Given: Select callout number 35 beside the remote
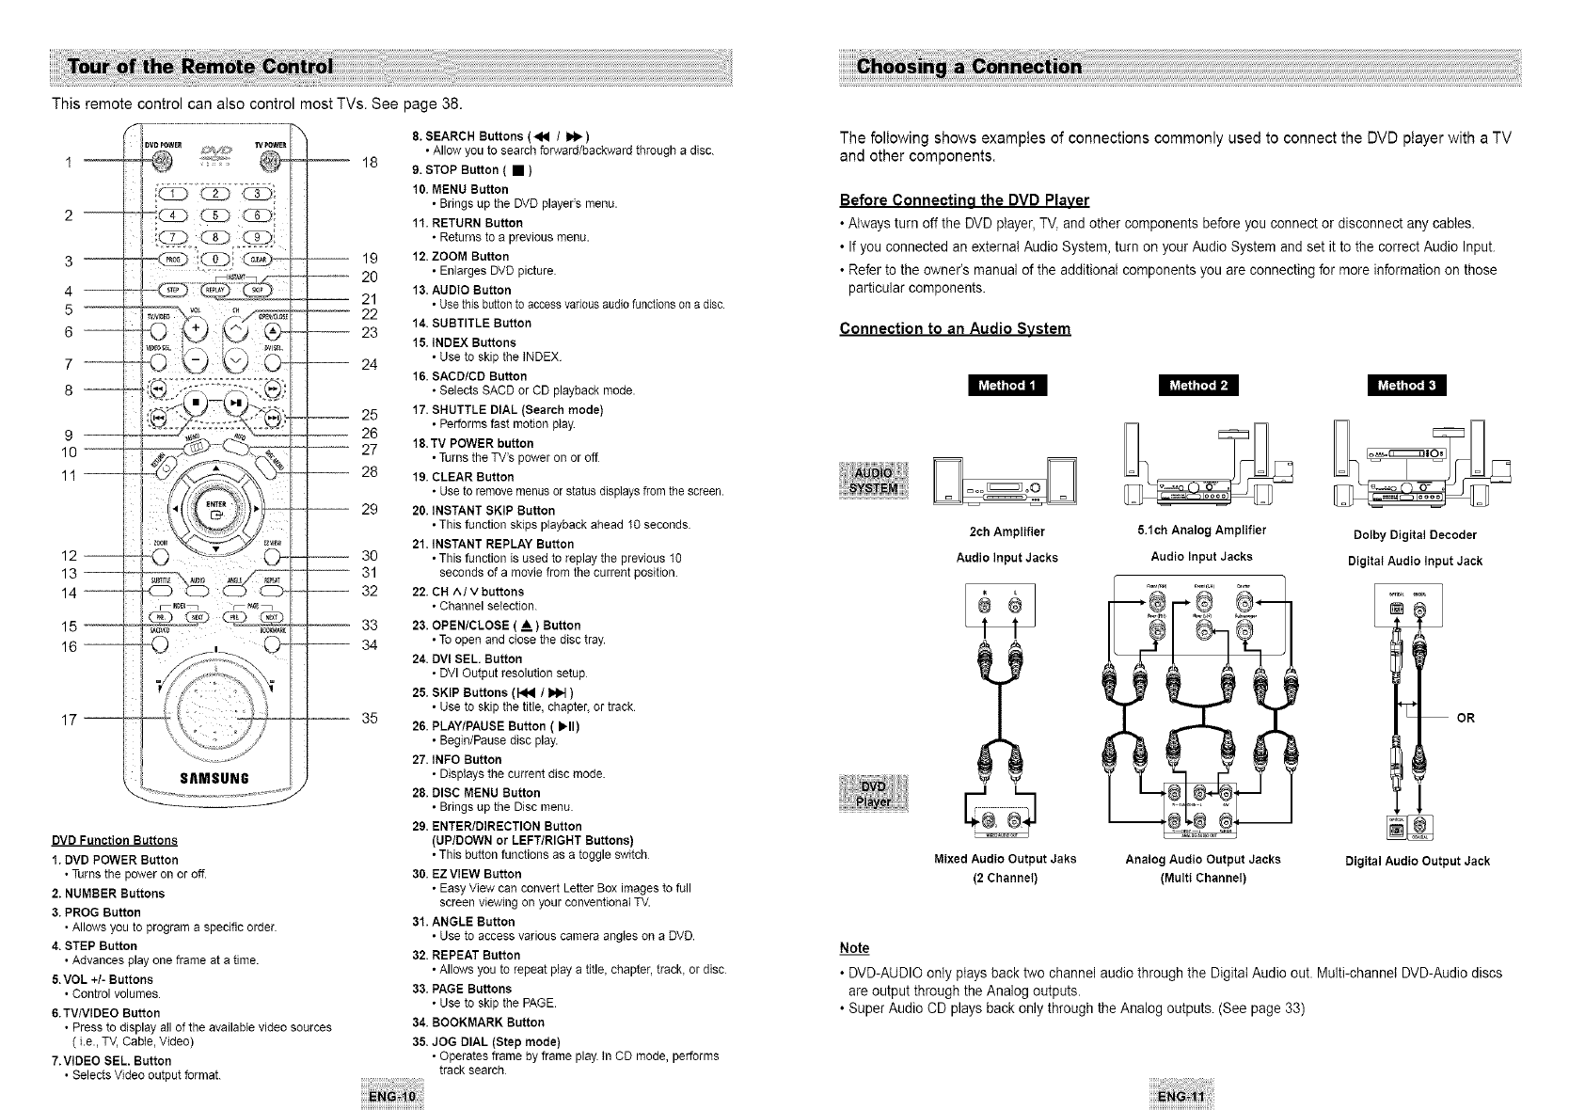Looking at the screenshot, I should tap(370, 719).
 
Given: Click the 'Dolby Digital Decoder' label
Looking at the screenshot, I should tap(1414, 535).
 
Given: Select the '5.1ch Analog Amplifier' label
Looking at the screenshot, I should tap(1201, 531).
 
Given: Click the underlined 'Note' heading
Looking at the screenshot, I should tap(853, 947).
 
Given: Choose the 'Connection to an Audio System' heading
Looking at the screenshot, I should tap(955, 328).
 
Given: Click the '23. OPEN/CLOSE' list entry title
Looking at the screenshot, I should tap(497, 626).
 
